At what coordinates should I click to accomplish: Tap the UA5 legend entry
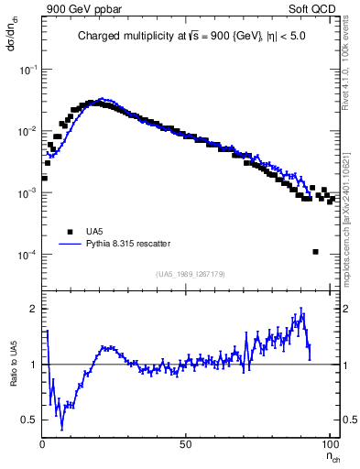90,232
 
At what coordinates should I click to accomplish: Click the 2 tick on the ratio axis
33,309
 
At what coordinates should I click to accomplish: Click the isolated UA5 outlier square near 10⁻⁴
315,252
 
